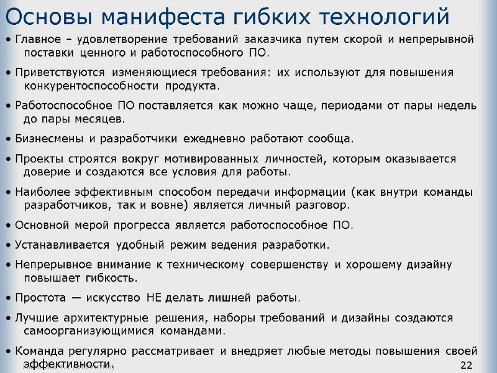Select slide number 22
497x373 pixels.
466,364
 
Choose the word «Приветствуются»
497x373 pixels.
55,73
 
